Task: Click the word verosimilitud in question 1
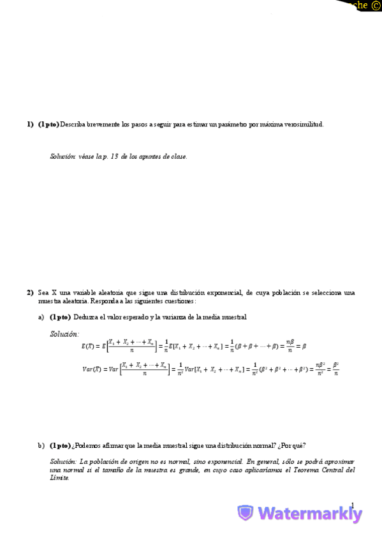click(x=304, y=124)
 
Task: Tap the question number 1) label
click(x=30, y=124)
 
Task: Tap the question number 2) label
click(x=30, y=293)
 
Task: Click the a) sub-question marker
click(x=41, y=317)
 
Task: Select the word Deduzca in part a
click(x=87, y=317)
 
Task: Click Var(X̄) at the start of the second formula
click(x=92, y=369)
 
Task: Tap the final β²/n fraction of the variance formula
click(x=335, y=369)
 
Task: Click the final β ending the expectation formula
click(x=304, y=346)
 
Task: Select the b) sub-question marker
click(x=41, y=445)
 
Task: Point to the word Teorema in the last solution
click(x=301, y=470)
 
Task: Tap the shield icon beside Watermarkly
click(x=246, y=513)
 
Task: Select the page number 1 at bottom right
click(x=351, y=504)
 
